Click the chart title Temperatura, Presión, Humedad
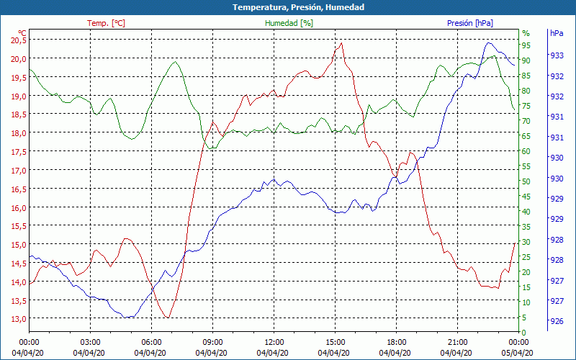click(288, 7)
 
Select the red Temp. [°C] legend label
click(106, 23)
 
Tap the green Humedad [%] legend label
click(289, 23)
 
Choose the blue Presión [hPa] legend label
click(469, 23)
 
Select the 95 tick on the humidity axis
click(526, 45)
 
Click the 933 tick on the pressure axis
click(557, 55)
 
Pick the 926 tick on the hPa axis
click(557, 321)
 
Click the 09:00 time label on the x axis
click(212, 342)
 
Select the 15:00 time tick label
click(335, 342)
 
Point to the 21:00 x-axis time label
click(457, 342)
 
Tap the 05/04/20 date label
click(518, 352)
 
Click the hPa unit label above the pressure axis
click(557, 33)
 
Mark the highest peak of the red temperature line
click(341, 42)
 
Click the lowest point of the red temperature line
click(168, 318)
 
